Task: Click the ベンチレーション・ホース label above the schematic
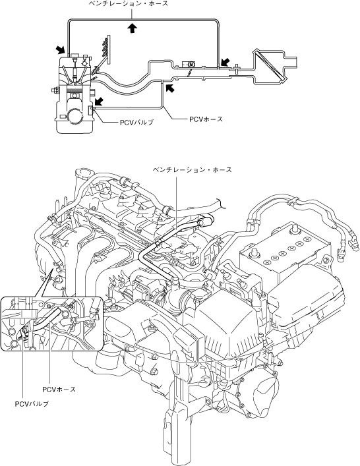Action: (x=129, y=3)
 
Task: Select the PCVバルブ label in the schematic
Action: (x=136, y=123)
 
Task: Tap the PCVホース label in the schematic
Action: (x=206, y=119)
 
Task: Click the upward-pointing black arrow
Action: (x=133, y=28)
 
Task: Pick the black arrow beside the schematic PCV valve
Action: (x=99, y=102)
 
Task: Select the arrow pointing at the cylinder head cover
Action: (x=61, y=49)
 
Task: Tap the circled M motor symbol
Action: (x=191, y=64)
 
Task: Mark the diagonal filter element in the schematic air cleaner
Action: (x=269, y=66)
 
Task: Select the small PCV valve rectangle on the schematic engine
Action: (x=91, y=111)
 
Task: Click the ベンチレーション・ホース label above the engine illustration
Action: (x=193, y=169)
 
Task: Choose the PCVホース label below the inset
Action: (x=59, y=390)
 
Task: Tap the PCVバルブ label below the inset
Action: (x=32, y=404)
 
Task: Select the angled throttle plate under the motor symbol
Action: (x=189, y=73)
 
